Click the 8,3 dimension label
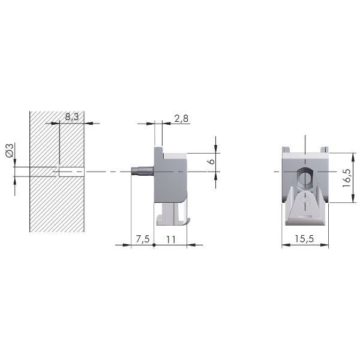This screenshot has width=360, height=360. coord(72,116)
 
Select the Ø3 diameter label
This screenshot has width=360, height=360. coord(10,150)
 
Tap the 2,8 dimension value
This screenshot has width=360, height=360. coord(181,118)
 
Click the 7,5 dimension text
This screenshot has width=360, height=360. coord(143,239)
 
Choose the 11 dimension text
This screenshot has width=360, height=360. coord(171,239)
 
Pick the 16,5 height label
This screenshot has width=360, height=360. coord(346,178)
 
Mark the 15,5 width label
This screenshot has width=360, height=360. coord(304,239)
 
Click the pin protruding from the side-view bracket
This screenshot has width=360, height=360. coord(142,172)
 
